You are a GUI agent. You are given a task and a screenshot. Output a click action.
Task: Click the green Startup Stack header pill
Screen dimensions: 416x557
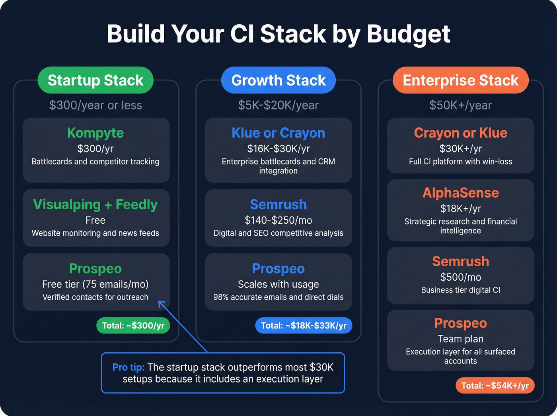(95, 80)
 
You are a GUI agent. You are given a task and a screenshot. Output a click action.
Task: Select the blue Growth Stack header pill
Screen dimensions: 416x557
(278, 80)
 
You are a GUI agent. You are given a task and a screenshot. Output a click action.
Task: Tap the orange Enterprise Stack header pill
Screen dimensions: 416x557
(460, 80)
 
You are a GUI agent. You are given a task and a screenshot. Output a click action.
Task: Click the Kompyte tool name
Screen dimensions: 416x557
(95, 133)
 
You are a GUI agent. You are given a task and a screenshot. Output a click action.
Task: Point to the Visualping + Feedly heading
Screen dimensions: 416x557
(95, 205)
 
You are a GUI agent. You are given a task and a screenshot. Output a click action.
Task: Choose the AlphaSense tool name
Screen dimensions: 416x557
(460, 193)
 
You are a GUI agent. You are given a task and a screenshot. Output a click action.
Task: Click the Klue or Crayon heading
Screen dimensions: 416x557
(278, 133)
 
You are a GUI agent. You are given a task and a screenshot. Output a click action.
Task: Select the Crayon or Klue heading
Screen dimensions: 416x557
(460, 133)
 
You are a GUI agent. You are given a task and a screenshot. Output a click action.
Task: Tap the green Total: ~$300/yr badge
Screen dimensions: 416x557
(133, 326)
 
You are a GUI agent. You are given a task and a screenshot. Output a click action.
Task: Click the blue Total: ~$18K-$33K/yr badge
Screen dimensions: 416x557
(304, 326)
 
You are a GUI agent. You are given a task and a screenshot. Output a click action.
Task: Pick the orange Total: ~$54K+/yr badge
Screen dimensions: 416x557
(495, 385)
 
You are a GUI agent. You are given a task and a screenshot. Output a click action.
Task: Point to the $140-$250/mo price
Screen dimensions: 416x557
(278, 220)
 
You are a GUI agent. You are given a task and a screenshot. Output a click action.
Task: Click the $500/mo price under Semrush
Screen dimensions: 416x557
(460, 277)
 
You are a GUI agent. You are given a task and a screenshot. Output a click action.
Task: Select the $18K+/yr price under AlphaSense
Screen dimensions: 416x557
(460, 209)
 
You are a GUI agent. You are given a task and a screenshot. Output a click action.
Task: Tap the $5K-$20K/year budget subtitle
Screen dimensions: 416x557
(278, 105)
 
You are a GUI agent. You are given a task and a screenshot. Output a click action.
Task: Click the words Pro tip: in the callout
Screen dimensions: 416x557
(128, 367)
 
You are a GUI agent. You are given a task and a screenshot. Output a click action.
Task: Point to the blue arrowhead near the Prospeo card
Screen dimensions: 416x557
(161, 304)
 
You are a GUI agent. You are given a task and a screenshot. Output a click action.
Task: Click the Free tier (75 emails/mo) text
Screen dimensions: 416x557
(95, 284)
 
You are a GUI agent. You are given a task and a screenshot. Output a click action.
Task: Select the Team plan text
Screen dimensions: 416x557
(460, 339)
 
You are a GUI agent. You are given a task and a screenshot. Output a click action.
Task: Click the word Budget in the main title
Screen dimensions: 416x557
(408, 34)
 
